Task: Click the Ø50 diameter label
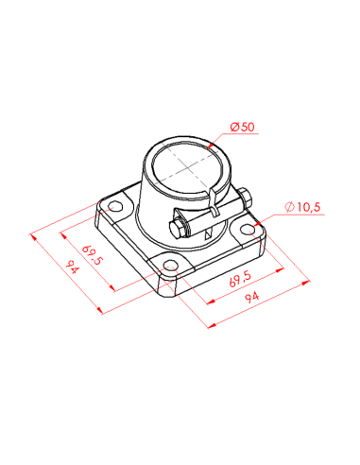point(242,127)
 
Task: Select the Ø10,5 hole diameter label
point(302,207)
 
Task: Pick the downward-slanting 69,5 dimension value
point(93,255)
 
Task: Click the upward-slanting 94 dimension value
point(252,297)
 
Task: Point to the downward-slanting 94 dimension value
point(73,267)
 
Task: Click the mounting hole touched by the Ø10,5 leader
point(248,230)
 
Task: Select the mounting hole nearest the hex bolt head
point(171,265)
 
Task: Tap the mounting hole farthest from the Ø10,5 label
point(115,206)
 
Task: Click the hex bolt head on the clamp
point(178,228)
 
